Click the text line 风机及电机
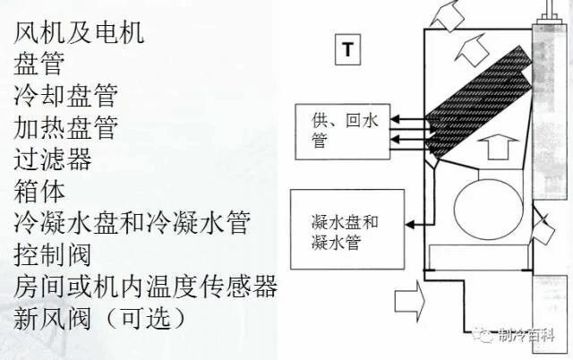(79, 32)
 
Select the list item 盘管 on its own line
(39, 64)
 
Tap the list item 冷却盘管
(65, 96)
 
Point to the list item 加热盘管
(65, 127)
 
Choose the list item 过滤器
(53, 159)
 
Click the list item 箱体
(39, 191)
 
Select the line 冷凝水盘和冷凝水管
(132, 223)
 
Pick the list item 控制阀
(52, 254)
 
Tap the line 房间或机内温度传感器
(145, 287)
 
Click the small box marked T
(348, 49)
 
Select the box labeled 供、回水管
(343, 132)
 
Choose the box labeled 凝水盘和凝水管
(347, 229)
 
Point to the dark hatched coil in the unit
(479, 104)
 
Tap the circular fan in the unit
(489, 209)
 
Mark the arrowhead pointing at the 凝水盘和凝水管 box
(410, 224)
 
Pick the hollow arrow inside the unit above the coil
(472, 49)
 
